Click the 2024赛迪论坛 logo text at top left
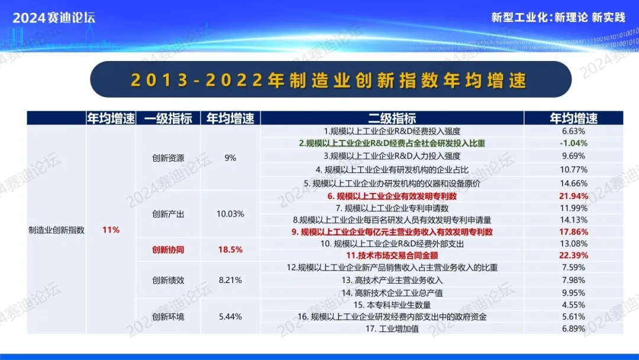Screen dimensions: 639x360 [x=54, y=18]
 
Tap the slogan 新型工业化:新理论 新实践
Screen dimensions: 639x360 [x=558, y=18]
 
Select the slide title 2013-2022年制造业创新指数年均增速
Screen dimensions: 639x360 [x=329, y=80]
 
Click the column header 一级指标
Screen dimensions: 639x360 [x=168, y=118]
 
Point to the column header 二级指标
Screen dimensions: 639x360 [x=392, y=118]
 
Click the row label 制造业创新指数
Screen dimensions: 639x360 [x=57, y=230]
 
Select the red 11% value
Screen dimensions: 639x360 [x=111, y=230]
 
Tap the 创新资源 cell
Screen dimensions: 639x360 [x=168, y=157]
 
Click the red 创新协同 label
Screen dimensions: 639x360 [x=168, y=249]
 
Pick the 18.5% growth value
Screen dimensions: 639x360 [x=230, y=249]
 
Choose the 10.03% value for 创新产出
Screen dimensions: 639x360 [x=230, y=214]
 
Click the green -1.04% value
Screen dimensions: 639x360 [x=573, y=143]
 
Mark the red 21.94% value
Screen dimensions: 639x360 [x=573, y=196]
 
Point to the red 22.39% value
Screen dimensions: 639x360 [x=573, y=256]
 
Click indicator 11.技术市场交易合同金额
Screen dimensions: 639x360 [x=392, y=256]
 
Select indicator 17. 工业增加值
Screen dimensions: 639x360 [x=392, y=329]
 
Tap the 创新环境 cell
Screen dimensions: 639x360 [x=168, y=317]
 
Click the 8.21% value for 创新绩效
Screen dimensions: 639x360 [x=230, y=280]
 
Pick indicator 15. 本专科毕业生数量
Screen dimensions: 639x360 [x=392, y=305]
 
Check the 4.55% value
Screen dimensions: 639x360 [x=573, y=305]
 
